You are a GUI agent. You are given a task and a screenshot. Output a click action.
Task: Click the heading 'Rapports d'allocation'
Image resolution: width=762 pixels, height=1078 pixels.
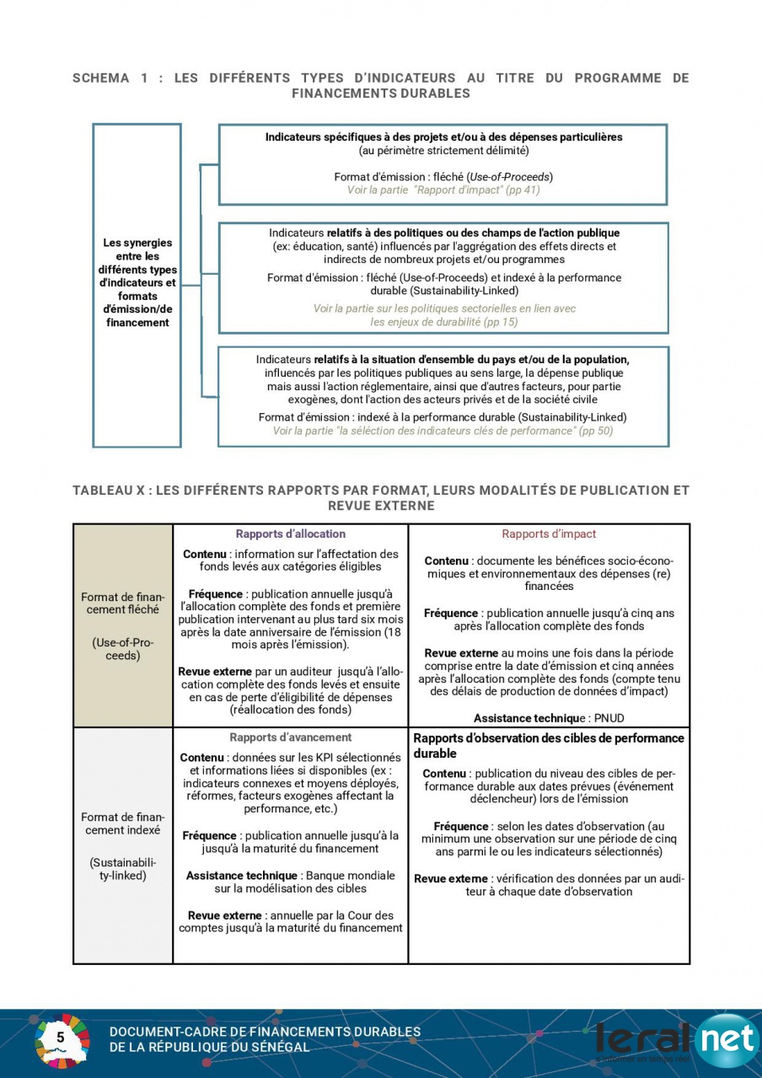click(x=290, y=534)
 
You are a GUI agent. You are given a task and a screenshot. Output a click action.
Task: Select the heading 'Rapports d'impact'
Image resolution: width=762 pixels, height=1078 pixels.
click(x=549, y=534)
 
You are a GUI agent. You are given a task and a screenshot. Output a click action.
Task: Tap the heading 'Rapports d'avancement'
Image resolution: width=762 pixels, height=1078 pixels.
click(x=290, y=737)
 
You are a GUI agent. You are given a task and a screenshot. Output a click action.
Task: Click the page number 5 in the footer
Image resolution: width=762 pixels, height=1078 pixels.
click(x=61, y=1038)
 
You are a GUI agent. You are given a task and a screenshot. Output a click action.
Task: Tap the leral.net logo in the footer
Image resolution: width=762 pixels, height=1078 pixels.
click(x=674, y=1039)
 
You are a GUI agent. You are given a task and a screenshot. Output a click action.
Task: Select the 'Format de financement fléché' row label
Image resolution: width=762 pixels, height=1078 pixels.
click(x=122, y=603)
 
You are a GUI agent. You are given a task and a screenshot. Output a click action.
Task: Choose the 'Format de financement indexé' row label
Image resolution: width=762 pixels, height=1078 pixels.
click(x=122, y=823)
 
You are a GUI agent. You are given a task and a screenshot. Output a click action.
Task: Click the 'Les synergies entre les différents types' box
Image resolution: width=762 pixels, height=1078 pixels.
click(x=137, y=283)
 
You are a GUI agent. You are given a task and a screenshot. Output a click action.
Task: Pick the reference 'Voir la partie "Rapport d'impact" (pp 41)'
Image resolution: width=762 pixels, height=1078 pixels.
click(x=443, y=190)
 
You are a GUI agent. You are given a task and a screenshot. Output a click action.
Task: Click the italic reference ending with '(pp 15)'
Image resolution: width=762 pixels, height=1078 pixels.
click(x=444, y=315)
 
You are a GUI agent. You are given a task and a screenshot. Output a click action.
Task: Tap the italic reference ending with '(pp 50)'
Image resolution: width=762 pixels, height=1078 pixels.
click(x=443, y=431)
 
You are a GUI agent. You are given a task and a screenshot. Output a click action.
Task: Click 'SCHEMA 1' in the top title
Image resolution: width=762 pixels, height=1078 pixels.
click(x=101, y=78)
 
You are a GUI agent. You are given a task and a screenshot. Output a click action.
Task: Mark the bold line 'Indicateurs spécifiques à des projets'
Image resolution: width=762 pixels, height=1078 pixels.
click(x=443, y=137)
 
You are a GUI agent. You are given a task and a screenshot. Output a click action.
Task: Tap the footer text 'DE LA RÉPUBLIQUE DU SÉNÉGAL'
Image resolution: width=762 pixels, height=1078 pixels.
click(x=209, y=1048)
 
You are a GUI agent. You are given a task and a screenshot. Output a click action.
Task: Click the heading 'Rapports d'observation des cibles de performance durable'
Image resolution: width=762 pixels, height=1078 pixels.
click(x=549, y=745)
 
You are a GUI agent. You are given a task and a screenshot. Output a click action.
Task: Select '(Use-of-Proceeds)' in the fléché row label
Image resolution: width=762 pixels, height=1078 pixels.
click(x=122, y=649)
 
